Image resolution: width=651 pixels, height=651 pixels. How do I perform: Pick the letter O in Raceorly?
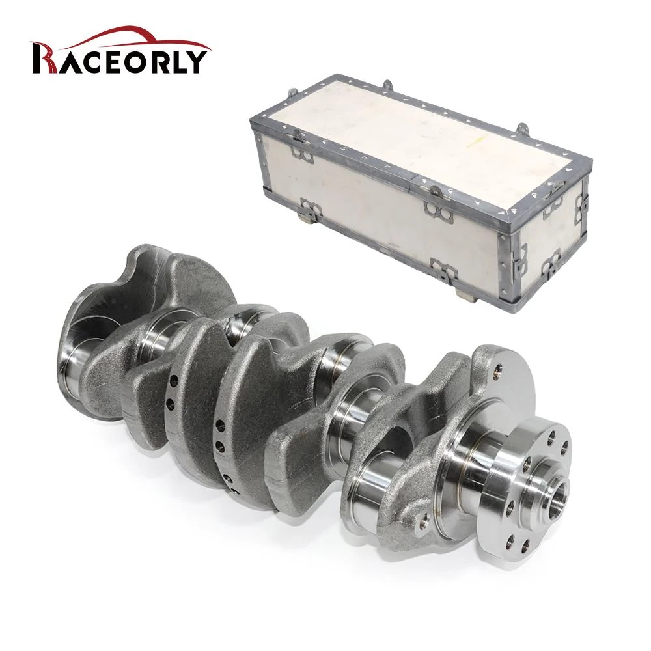click(x=130, y=62)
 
